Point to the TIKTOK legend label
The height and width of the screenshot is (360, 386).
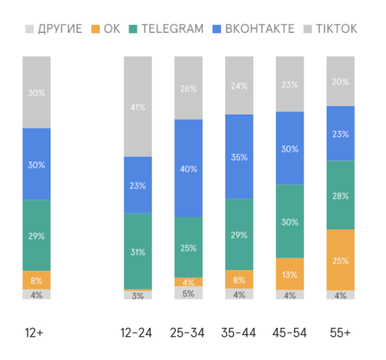(x=335, y=29)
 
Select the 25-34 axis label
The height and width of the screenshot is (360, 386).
(x=188, y=333)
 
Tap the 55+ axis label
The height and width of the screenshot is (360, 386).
(x=340, y=333)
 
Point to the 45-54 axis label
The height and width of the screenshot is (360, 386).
(x=289, y=333)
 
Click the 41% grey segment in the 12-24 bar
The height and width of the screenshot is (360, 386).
(x=138, y=107)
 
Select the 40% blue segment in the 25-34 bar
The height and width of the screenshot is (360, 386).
(x=188, y=168)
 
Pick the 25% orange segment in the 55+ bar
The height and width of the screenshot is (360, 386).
(x=340, y=260)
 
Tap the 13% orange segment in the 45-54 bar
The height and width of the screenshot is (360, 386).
(x=289, y=274)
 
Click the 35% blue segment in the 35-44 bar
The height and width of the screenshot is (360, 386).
(x=239, y=156)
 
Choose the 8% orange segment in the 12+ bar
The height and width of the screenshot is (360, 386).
(x=36, y=280)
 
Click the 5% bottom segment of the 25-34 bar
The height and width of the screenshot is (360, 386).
(x=188, y=292)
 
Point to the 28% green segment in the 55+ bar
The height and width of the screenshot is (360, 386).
(x=340, y=195)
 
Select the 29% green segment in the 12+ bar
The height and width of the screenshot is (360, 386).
(x=36, y=235)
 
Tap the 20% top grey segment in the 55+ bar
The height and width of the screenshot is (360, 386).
(x=340, y=82)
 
